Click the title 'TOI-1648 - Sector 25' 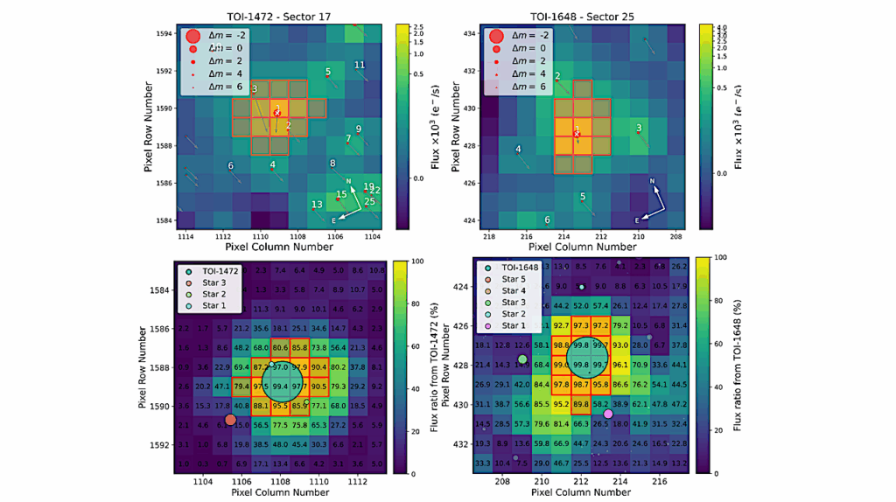[581, 15]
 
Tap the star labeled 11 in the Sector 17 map [359, 66]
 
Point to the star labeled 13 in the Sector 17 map [316, 205]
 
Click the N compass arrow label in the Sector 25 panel [652, 181]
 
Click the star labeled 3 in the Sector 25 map [639, 129]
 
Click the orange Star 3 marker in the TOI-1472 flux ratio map [230, 420]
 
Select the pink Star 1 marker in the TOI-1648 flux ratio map [608, 414]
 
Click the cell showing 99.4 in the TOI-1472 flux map [281, 387]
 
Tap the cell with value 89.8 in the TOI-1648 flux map [581, 404]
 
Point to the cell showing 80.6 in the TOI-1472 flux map [281, 348]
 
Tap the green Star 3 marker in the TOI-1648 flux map [523, 359]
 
